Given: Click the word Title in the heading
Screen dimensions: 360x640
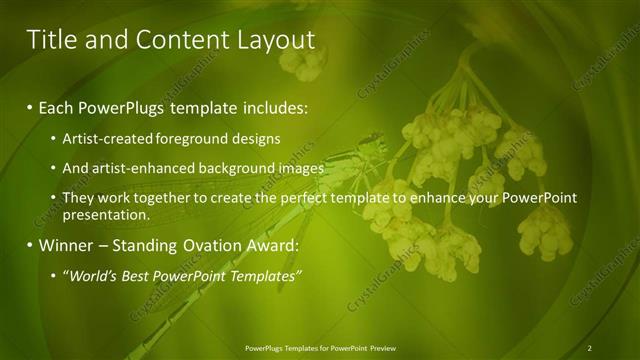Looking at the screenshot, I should pos(51,40).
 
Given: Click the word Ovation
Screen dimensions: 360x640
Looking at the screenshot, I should pos(210,245).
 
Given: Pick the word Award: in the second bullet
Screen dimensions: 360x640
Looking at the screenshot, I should pos(274,245).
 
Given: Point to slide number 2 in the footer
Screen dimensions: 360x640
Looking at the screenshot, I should pos(590,347).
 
